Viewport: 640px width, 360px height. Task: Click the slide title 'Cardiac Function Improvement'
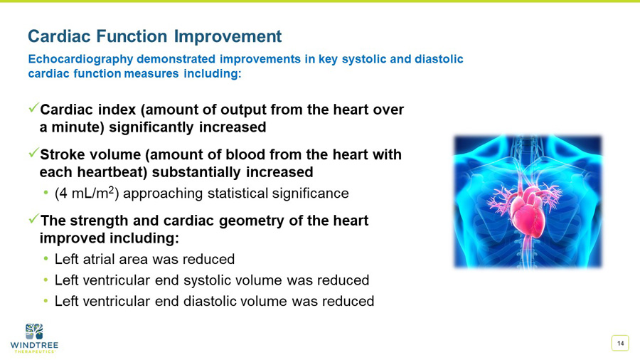click(x=154, y=36)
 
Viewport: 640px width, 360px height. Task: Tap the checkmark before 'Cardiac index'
click(x=33, y=109)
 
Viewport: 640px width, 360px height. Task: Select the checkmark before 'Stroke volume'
click(x=33, y=154)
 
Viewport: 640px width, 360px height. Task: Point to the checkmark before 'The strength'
click(x=33, y=220)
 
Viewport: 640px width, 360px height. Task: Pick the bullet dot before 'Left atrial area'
click(x=46, y=258)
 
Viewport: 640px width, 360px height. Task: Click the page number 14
click(x=620, y=344)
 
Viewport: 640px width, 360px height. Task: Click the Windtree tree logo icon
click(x=34, y=331)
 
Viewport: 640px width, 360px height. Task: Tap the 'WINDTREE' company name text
click(x=34, y=345)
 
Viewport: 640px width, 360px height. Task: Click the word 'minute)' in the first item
click(x=77, y=127)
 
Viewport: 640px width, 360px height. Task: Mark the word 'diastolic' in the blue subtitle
click(x=435, y=59)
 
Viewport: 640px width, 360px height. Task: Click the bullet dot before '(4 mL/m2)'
click(x=46, y=193)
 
